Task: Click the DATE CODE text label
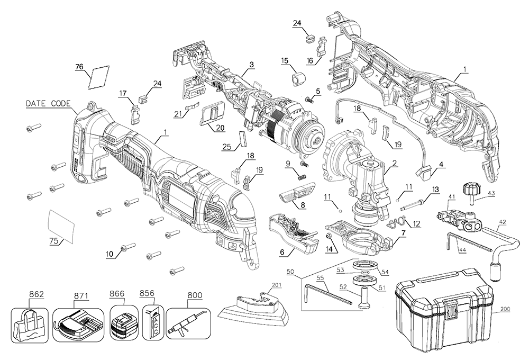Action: point(48,104)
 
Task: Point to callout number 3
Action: point(252,65)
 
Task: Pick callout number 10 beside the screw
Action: point(109,254)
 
